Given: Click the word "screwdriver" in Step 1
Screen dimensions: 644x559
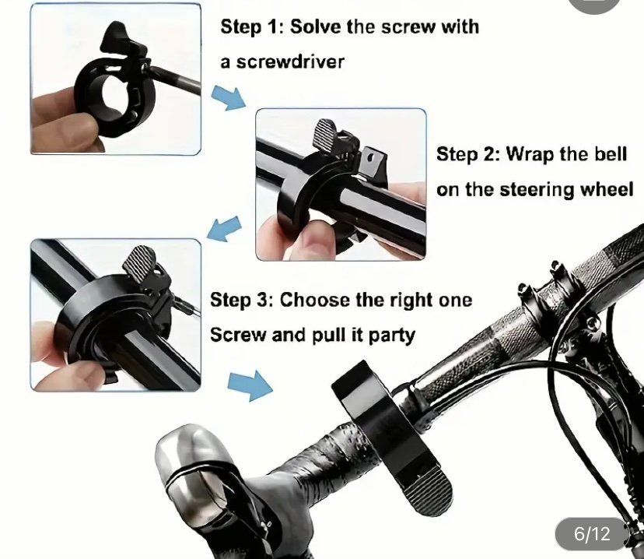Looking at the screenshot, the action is point(290,62).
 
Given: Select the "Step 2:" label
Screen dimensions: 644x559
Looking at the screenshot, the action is point(467,155).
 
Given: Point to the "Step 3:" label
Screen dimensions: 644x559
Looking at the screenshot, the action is point(242,300).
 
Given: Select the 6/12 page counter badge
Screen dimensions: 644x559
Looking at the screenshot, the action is point(592,534).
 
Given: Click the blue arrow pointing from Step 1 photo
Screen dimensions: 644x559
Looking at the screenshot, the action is point(229,97).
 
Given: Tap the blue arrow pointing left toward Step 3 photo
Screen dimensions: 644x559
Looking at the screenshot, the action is point(224,229).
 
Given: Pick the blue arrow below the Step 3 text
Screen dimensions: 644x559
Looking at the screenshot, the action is point(250,385).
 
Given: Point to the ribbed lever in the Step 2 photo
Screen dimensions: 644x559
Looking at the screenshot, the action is point(326,133).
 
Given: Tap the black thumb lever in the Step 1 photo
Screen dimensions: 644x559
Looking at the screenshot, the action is point(117,38).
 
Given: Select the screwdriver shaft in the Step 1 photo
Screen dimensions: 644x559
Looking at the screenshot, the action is point(174,80).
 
